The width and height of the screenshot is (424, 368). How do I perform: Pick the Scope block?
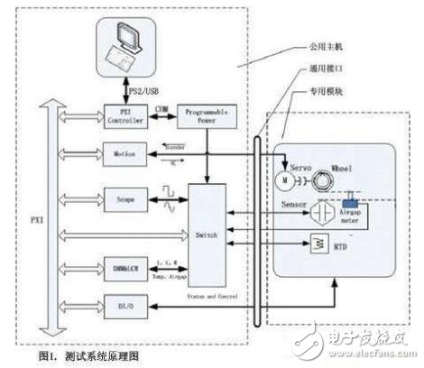tap(122, 198)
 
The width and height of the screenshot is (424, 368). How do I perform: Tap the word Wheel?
tap(344, 166)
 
